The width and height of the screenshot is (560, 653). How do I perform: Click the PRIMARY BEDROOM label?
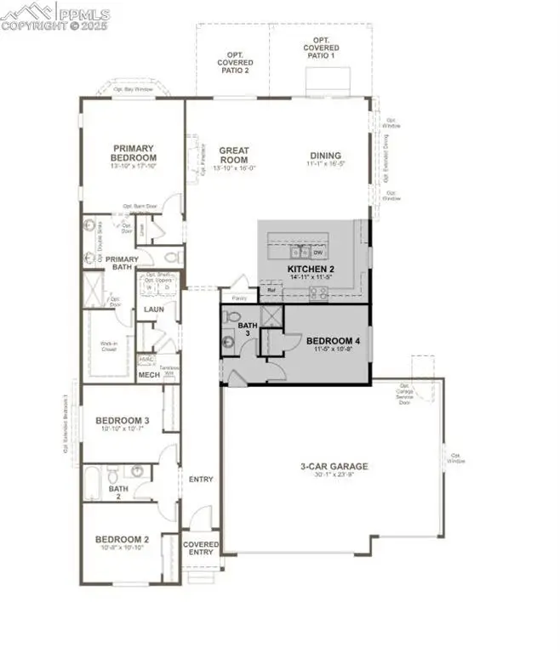(134, 153)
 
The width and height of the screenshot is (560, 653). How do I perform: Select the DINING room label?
(324, 156)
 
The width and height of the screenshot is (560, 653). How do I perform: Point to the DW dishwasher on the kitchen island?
(317, 253)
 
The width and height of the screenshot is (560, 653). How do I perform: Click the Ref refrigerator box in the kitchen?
(271, 291)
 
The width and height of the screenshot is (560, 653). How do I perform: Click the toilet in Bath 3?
(228, 316)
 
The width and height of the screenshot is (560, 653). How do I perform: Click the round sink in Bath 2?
(136, 470)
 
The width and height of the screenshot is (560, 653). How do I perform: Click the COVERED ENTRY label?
(200, 548)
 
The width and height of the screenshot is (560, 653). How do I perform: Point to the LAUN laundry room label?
(153, 310)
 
